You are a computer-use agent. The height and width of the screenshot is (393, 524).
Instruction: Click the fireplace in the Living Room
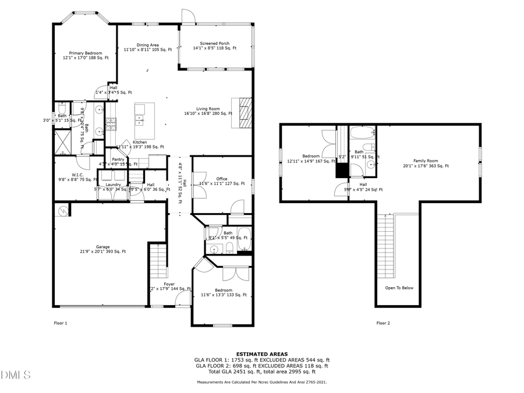245,112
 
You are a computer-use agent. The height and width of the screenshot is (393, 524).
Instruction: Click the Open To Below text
399,288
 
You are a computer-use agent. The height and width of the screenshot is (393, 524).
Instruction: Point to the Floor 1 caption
61,323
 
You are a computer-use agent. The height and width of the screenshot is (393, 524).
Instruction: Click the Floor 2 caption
383,323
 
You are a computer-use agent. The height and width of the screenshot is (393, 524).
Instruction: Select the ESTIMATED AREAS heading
261,354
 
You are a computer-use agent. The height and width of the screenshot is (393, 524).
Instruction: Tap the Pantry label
118,159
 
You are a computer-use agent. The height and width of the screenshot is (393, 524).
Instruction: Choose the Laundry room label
113,185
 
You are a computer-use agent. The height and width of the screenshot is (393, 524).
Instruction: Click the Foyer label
169,284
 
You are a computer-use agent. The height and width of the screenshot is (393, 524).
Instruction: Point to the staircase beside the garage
158,263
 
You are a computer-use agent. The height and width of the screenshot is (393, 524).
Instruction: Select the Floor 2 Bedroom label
311,156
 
